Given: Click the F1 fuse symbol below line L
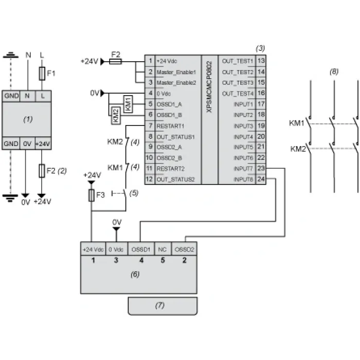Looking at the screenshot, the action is [x=42, y=74].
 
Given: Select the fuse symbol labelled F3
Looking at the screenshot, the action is [x=92, y=195].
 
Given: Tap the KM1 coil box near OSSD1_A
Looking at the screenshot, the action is [x=128, y=104].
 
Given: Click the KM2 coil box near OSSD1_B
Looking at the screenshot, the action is [x=116, y=116].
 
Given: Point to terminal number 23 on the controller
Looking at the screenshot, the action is [x=261, y=168].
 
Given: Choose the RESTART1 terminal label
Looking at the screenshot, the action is [x=170, y=126].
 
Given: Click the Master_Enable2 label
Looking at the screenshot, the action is [x=176, y=83].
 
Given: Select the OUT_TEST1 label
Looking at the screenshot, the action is [x=238, y=61].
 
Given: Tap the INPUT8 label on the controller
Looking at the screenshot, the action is [x=243, y=179].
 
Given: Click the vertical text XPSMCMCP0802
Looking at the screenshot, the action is [x=209, y=86].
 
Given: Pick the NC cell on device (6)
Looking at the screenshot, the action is [x=163, y=249].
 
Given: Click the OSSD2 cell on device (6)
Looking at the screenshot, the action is [x=184, y=249].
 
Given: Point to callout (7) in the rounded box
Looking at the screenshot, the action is [x=160, y=305].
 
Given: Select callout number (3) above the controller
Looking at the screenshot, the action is [x=260, y=48].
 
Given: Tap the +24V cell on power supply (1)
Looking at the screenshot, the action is [x=43, y=143].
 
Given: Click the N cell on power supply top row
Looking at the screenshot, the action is [x=27, y=96].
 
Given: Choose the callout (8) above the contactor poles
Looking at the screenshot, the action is [x=334, y=71].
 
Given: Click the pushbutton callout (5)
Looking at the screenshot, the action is [x=134, y=193].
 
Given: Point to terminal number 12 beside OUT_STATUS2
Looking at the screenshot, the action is [x=149, y=179].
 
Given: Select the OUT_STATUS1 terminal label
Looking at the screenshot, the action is [x=176, y=137].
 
